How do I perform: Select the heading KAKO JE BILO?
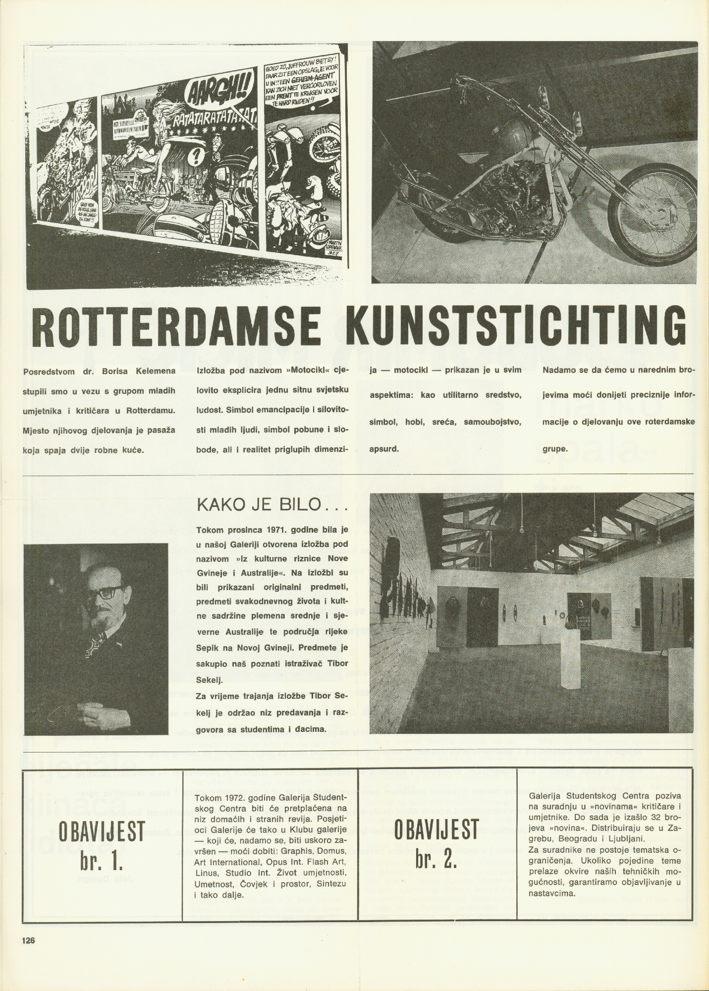[272, 506]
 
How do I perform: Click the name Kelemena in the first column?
[151, 372]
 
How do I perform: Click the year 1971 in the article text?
[273, 530]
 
